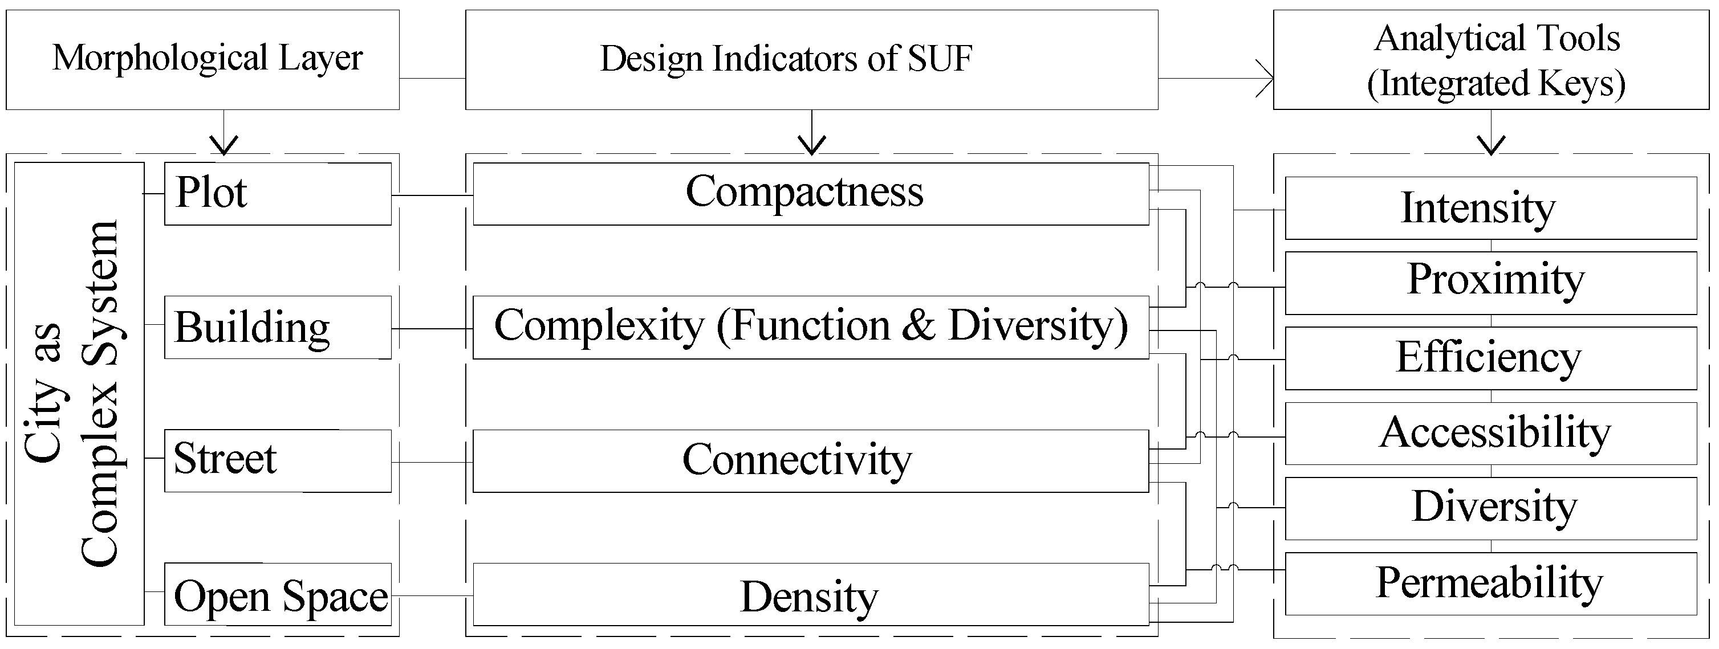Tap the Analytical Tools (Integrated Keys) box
(x=1490, y=59)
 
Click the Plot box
(x=277, y=193)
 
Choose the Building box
(x=277, y=327)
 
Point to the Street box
(x=277, y=460)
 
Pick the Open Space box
(x=277, y=594)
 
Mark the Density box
(x=810, y=595)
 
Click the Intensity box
(x=1490, y=208)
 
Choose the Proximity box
(x=1490, y=283)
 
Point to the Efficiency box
(x=1490, y=358)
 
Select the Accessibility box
(x=1490, y=434)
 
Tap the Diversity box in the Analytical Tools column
(x=1490, y=508)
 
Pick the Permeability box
(x=1490, y=583)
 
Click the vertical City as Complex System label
(x=72, y=394)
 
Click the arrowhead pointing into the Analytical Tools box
(x=1266, y=79)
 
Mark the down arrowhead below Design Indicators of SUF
(x=811, y=145)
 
